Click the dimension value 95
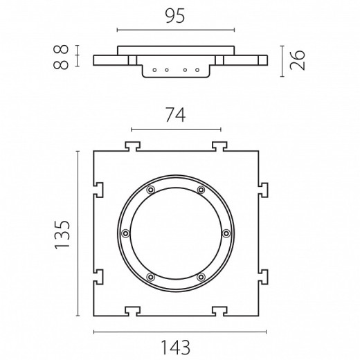click(x=175, y=16)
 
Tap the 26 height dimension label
click(x=298, y=60)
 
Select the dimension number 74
click(x=176, y=116)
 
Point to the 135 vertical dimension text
click(x=62, y=235)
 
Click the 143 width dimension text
click(x=175, y=348)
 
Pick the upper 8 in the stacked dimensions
click(x=61, y=49)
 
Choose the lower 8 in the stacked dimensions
click(x=61, y=64)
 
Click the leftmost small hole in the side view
click(x=154, y=70)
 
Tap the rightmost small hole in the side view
click(x=197, y=70)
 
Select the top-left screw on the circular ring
click(x=151, y=190)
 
